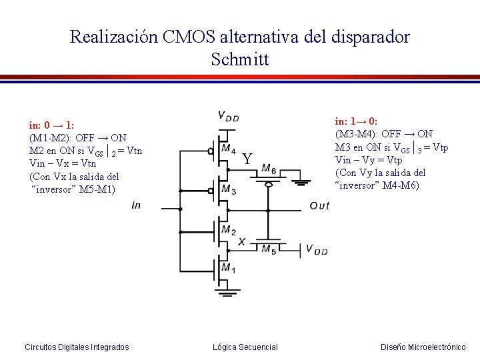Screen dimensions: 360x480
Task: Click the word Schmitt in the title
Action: [x=239, y=59]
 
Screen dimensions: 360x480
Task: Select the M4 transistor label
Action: [x=228, y=148]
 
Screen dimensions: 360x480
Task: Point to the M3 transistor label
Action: [x=228, y=190]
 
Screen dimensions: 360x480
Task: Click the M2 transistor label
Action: [x=228, y=231]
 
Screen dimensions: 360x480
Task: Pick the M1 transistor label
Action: [x=228, y=269]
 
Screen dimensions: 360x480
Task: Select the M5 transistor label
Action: [x=269, y=250]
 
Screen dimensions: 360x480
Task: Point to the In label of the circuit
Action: [x=137, y=206]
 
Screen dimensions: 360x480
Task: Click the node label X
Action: [x=241, y=241]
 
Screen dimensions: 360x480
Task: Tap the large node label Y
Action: [x=247, y=159]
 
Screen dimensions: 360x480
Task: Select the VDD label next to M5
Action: [x=317, y=250]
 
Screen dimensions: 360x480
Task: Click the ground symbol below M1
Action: [x=228, y=291]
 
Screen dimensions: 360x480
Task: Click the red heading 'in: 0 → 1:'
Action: [x=51, y=125]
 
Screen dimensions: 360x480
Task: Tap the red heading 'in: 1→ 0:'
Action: [x=357, y=121]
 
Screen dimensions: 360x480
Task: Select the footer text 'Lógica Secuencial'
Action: [x=245, y=347]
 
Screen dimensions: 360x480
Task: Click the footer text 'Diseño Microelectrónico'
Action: [x=423, y=347]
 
